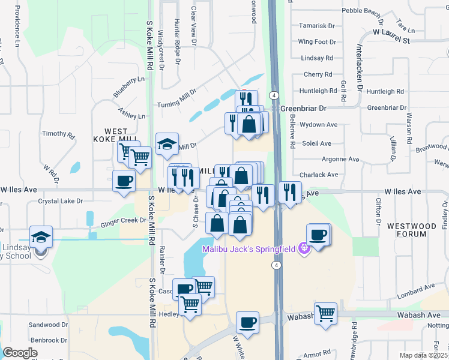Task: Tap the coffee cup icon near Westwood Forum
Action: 318,235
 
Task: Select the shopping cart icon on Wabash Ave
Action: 325,313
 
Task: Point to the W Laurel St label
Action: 391,31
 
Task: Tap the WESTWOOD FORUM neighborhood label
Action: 412,230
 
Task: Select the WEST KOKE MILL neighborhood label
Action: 116,136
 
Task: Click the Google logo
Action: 20,353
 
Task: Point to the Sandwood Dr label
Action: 49,325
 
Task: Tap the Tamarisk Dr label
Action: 316,26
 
